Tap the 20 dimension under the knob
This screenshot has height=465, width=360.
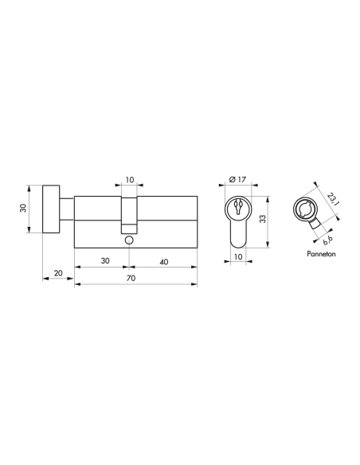(57, 272)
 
